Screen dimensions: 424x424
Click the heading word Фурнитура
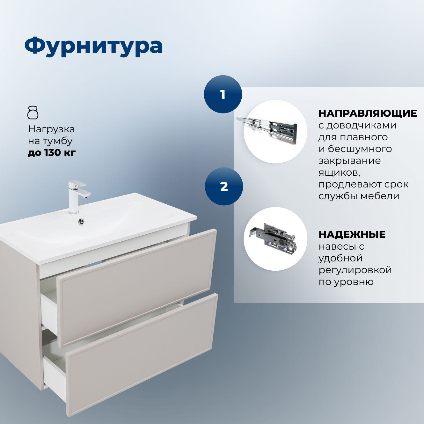coord(93,46)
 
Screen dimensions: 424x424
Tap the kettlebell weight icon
coord(33,113)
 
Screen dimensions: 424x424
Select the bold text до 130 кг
coord(52,153)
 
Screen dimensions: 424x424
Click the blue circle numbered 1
coord(223,94)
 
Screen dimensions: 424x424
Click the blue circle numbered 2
coord(224,186)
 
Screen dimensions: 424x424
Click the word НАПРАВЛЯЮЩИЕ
coord(368,113)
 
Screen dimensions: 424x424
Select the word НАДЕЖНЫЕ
coord(352,235)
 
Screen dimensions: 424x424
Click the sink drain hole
coord(81,221)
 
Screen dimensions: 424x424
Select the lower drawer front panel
coord(142,354)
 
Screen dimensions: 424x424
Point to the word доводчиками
coord(361,126)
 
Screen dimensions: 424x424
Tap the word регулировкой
coord(355,270)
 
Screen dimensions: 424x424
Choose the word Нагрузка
coord(51,129)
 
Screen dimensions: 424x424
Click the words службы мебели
coord(359,196)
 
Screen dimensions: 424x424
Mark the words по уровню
coord(346,282)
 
